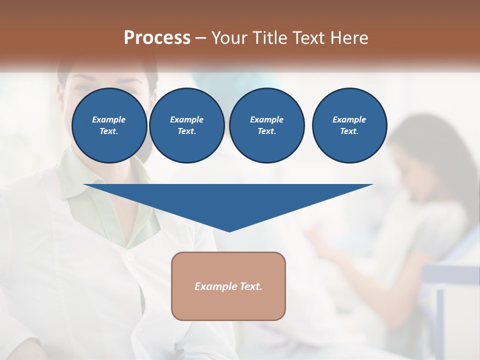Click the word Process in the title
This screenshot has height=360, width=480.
coord(157,38)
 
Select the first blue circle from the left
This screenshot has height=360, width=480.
coord(109,125)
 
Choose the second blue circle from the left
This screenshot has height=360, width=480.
coord(187,125)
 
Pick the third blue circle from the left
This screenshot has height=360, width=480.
coord(267,125)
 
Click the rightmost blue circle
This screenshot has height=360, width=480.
coord(349,125)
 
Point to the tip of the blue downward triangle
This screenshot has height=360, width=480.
coord(229,231)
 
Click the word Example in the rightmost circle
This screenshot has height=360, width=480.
coord(349,119)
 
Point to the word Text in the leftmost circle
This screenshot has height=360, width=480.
coord(108,131)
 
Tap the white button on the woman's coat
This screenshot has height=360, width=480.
coord(129,256)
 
